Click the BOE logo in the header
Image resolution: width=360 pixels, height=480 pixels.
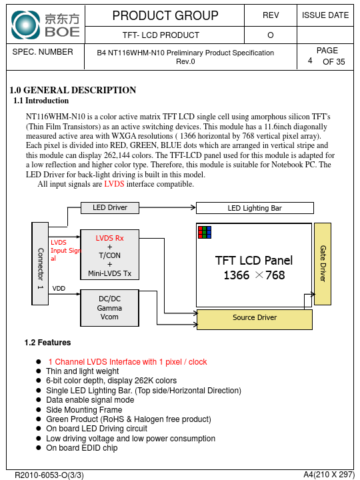[x=45, y=25]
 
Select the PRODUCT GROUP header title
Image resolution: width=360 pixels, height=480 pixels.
[x=165, y=15]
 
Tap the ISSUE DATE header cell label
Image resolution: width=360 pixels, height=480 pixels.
[x=325, y=15]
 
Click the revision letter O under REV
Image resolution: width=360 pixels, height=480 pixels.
[x=270, y=35]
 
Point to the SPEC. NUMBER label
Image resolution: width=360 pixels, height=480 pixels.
[x=43, y=52]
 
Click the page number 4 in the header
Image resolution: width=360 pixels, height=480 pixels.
[x=310, y=61]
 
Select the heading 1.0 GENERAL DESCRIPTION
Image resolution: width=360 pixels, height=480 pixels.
[x=73, y=90]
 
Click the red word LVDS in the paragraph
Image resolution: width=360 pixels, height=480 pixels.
[x=114, y=184]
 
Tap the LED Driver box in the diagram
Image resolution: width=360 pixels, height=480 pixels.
[x=110, y=207]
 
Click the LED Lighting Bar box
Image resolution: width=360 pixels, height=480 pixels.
[x=255, y=208]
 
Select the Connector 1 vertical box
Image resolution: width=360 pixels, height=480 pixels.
[x=40, y=263]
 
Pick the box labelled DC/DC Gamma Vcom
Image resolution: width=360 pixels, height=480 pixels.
[x=109, y=308]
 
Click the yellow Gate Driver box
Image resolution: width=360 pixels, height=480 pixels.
[x=323, y=264]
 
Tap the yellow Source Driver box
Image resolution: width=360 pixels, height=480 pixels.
[x=255, y=319]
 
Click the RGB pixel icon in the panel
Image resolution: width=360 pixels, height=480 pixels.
[x=205, y=233]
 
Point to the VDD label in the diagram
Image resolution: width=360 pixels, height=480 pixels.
[x=59, y=289]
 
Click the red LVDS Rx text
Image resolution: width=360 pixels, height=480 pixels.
[x=109, y=238]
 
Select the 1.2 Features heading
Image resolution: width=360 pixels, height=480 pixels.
[x=47, y=342]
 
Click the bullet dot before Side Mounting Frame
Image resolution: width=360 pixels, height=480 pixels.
[x=38, y=409]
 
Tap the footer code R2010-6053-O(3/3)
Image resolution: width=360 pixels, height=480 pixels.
[x=49, y=475]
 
